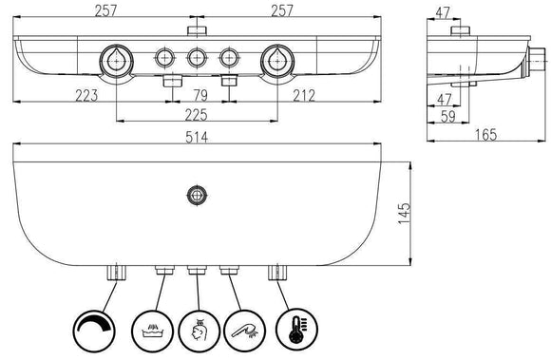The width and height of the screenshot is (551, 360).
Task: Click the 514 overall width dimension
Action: [197, 138]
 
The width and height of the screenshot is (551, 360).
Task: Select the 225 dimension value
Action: [196, 115]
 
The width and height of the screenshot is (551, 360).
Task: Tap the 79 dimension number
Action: [200, 96]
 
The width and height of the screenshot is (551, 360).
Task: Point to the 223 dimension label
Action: [86, 96]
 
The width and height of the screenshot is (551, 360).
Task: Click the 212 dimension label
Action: [304, 96]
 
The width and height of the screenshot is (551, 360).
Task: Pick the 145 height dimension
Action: [404, 213]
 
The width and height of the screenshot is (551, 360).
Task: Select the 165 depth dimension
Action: [485, 135]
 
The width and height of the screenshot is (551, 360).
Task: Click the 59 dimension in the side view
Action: [448, 117]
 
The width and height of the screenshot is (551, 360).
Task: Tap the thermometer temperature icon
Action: [297, 329]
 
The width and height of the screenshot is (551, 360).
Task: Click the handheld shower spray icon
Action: [244, 331]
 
